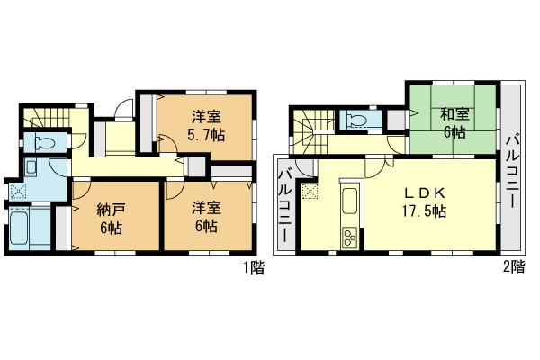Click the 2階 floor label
point(515,267)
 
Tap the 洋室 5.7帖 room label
point(207,125)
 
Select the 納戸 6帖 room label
point(112,218)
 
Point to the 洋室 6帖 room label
point(206,218)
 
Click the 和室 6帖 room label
point(453,123)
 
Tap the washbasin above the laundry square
point(31,168)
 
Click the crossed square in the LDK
point(311,190)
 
